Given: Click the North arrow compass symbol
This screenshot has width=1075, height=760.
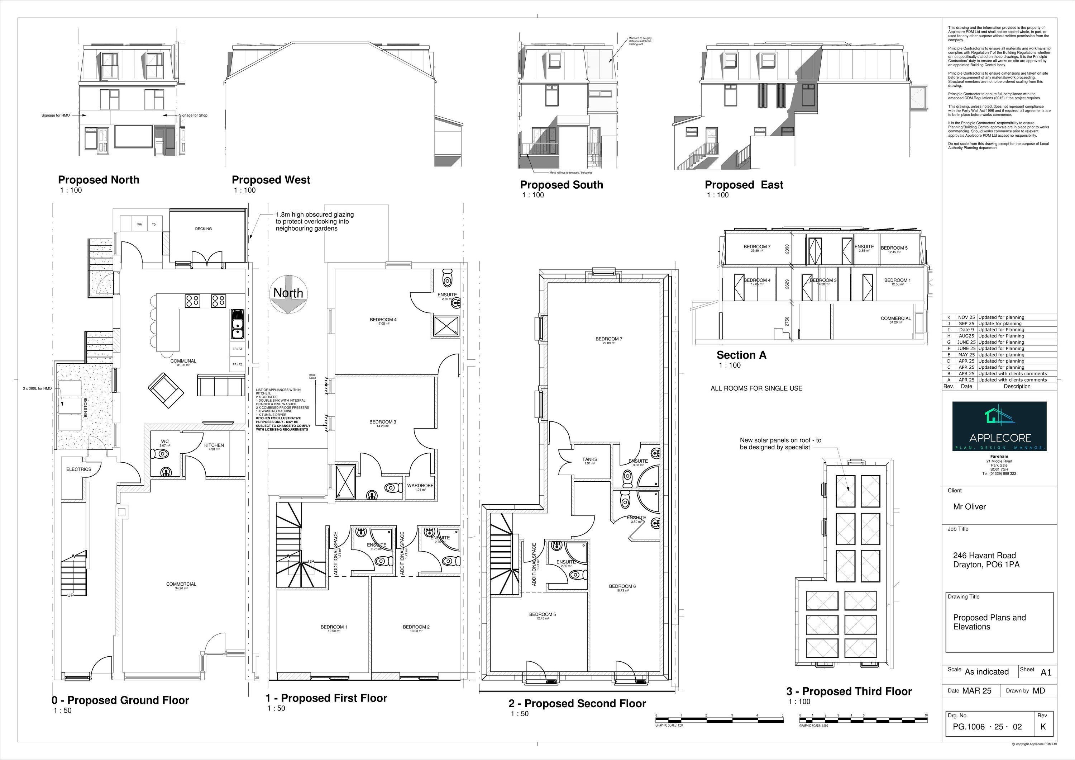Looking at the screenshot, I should pos(288,294).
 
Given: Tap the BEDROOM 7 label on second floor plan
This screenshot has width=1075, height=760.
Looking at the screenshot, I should pos(609,339).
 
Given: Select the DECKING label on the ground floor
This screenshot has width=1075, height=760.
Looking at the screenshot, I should pos(203,229).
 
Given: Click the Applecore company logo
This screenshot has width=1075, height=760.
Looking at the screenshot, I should pos(999,426).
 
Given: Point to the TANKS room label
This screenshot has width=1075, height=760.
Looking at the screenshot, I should pos(589,460).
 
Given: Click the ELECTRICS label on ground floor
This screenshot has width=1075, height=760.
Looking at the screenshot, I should pos(79,469).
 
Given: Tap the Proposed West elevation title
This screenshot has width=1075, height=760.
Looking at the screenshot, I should pos(271,180).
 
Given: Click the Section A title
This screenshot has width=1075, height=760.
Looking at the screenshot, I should pos(741,355).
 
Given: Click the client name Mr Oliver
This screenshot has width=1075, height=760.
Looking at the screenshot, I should pos(969,506).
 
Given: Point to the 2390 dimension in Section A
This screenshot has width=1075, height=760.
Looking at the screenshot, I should pos(787,249).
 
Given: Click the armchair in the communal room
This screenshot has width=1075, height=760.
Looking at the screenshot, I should pos(166,390).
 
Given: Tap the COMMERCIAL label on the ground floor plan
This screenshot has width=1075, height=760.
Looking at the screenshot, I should pos(181,584).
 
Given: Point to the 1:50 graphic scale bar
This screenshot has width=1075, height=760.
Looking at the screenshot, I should pos(719,718).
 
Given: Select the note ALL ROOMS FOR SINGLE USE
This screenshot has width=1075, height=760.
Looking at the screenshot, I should pos(756,388).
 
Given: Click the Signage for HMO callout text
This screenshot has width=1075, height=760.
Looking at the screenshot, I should pos(56,115).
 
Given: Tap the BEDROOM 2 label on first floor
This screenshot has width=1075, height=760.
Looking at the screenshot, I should pos(416,627).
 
